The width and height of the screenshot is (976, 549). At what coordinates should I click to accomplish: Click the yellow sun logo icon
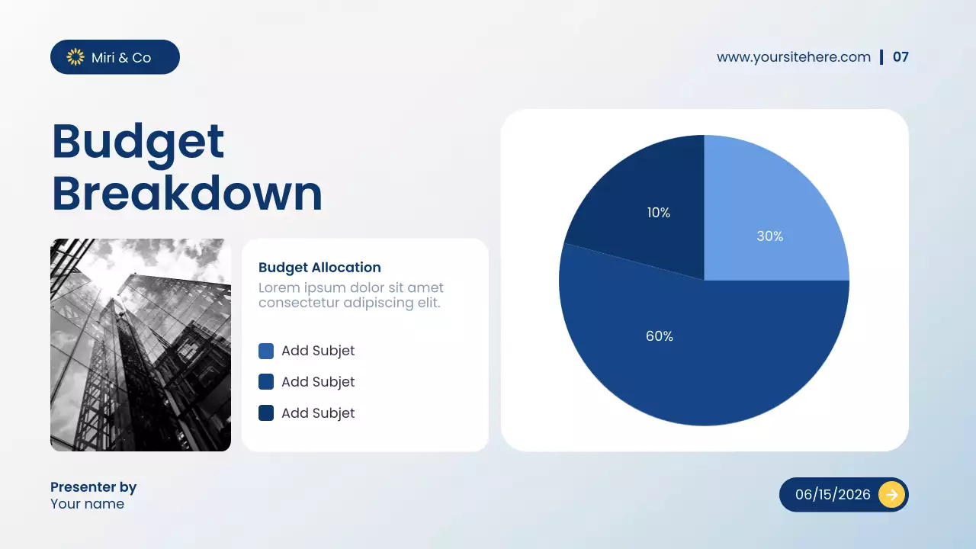[x=75, y=57]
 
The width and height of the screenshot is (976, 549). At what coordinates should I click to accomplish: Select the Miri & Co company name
[x=121, y=58]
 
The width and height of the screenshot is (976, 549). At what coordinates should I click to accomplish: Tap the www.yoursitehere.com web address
[x=794, y=57]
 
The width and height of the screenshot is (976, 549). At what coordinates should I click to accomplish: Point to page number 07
[x=901, y=57]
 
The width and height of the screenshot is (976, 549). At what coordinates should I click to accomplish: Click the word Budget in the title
[x=138, y=142]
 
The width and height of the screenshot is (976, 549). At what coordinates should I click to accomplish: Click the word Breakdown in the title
[x=187, y=194]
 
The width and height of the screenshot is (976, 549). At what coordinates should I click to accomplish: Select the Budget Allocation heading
[x=319, y=268]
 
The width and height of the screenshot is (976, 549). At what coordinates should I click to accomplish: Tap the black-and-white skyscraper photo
[x=140, y=345]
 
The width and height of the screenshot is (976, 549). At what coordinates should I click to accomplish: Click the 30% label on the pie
[x=769, y=236]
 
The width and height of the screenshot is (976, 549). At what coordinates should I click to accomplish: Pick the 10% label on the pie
[x=658, y=213]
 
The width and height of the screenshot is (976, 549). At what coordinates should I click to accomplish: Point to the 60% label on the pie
[x=660, y=336]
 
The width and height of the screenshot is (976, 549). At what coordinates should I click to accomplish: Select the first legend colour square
[x=266, y=351]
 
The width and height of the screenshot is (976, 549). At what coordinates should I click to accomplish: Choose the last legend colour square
[x=266, y=413]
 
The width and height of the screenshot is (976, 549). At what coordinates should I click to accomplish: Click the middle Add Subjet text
[x=318, y=382]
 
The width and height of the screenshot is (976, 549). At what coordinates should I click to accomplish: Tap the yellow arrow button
[x=891, y=495]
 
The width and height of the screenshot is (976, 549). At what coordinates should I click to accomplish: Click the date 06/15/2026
[x=833, y=495]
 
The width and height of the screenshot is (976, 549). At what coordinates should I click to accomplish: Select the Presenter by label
[x=93, y=487]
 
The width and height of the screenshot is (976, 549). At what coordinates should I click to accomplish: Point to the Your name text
[x=87, y=504]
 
